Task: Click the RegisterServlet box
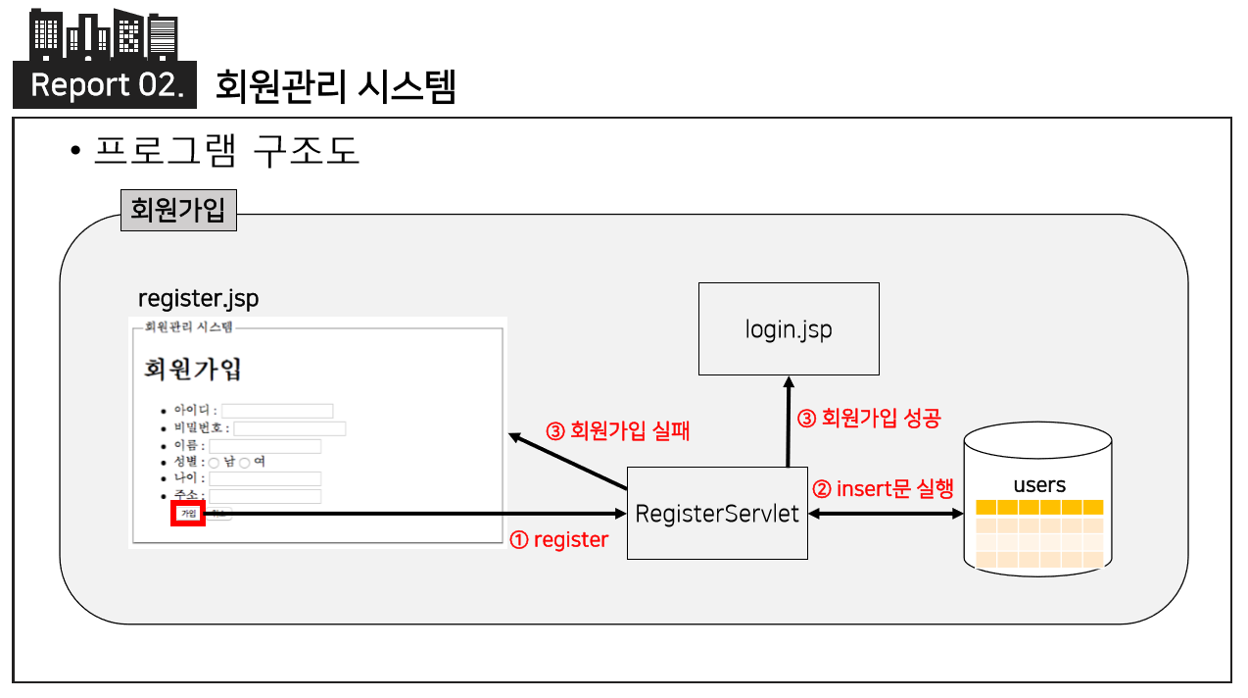click(x=717, y=513)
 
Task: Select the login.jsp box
click(x=789, y=328)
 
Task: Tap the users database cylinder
click(x=1038, y=499)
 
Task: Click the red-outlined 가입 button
click(x=188, y=513)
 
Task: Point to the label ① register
click(x=559, y=540)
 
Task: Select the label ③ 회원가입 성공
click(x=869, y=419)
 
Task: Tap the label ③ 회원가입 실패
click(x=617, y=430)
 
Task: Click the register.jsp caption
click(x=199, y=298)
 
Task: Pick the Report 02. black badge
click(x=106, y=85)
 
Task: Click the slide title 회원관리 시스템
click(x=335, y=86)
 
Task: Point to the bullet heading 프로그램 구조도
click(x=227, y=151)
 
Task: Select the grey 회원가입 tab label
click(x=178, y=210)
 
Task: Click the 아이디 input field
click(x=277, y=411)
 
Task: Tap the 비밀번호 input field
click(x=289, y=428)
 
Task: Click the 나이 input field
click(x=264, y=478)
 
